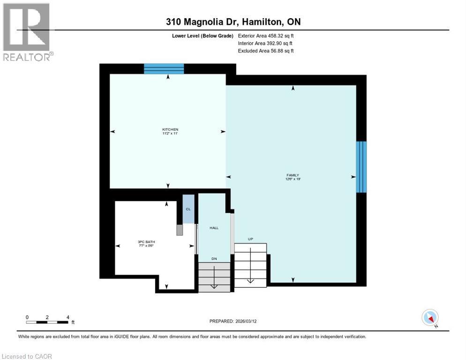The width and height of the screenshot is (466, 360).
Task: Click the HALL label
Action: point(214,228)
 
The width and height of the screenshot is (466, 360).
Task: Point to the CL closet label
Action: point(188,209)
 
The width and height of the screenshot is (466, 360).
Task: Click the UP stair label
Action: point(250,239)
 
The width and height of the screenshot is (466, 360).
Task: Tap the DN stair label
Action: point(214,258)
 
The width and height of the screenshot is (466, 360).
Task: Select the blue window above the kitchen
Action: point(164,69)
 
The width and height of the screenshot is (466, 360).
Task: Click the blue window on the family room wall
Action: point(361,166)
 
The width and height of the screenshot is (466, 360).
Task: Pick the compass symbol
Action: point(430,318)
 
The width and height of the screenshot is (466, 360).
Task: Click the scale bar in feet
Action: point(47,322)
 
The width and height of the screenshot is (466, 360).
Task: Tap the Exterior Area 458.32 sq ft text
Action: point(266,35)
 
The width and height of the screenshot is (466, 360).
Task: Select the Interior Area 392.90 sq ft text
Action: point(266,43)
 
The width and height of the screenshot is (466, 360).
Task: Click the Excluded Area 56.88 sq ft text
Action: point(266,51)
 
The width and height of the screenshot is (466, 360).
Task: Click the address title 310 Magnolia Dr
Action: point(233,22)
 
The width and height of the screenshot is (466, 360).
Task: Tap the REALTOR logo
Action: point(27,32)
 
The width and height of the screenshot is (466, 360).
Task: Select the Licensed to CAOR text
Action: point(27,356)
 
